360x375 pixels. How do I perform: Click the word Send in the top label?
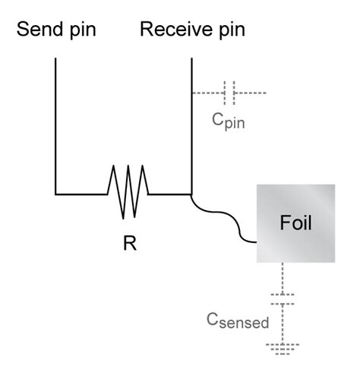(x=39, y=30)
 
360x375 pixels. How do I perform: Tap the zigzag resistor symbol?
(x=127, y=193)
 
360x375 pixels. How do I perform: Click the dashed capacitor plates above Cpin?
(x=229, y=93)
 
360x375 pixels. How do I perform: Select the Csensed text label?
(x=238, y=321)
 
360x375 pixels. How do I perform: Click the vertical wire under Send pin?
(x=55, y=121)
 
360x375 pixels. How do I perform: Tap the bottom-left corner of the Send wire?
(x=55, y=193)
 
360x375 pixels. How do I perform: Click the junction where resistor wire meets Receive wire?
(x=191, y=193)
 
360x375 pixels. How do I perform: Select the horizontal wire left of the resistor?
(x=80, y=193)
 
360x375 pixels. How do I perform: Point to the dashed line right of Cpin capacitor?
(x=251, y=93)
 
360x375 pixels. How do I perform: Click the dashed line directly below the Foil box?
(x=282, y=276)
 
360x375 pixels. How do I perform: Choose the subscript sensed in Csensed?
(x=245, y=324)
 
